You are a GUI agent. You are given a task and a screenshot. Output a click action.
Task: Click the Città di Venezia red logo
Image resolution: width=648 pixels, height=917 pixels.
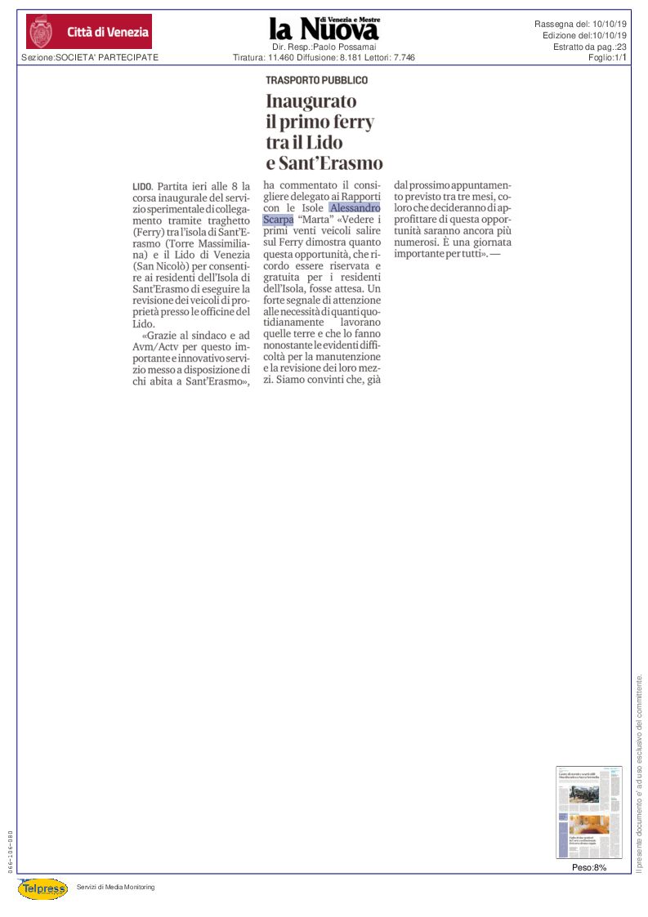coord(89,32)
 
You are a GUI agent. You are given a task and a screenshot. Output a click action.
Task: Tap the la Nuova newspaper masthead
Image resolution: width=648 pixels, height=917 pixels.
coord(324,29)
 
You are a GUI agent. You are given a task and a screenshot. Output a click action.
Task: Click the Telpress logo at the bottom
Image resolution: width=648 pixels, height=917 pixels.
coord(42,888)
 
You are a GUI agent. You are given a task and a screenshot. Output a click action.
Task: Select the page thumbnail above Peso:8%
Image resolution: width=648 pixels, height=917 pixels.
coord(588,812)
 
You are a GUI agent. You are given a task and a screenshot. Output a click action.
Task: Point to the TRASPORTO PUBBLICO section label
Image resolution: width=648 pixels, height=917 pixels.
coord(316,80)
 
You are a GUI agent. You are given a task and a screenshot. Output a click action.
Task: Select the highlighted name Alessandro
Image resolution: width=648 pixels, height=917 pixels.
coord(355,208)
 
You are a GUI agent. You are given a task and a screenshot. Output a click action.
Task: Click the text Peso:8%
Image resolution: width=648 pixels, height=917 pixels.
coord(588,867)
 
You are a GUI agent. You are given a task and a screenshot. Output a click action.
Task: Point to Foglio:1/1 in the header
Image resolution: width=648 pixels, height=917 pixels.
coord(606,57)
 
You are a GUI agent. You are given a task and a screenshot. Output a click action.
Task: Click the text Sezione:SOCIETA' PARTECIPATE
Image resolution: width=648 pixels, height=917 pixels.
coord(90,57)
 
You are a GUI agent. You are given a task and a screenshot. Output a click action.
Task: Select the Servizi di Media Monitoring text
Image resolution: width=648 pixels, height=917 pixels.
coord(115,887)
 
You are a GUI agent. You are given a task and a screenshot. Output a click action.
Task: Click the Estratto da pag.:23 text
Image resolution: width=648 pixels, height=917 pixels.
coord(589,47)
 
